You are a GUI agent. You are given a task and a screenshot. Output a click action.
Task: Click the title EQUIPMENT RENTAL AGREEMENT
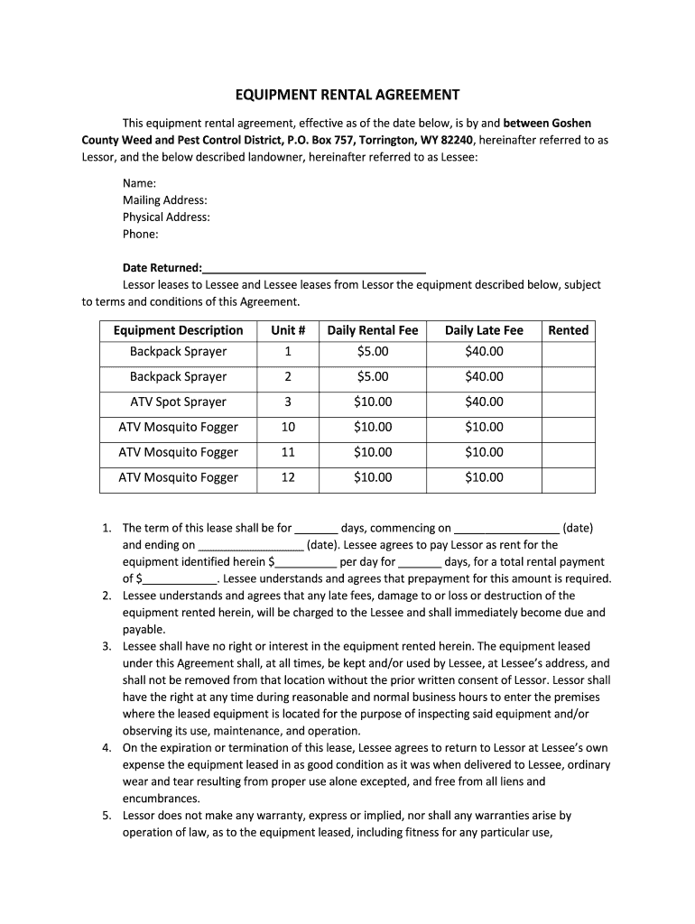coord(347,95)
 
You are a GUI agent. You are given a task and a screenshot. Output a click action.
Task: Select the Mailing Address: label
coord(165,200)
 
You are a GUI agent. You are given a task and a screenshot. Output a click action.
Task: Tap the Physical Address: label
coord(166,217)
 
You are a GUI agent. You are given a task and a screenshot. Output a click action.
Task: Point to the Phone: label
coord(141,235)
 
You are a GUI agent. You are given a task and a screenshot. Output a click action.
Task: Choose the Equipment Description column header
coord(178,330)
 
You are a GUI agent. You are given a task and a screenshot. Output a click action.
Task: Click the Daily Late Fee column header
coord(484,330)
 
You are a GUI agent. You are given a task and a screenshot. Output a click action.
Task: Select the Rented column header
coord(569,330)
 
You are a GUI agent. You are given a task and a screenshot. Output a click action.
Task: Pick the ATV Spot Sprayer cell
coord(178,402)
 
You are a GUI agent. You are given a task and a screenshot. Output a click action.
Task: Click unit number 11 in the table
coord(288,452)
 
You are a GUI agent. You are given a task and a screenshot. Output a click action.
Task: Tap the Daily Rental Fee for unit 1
coord(373,351)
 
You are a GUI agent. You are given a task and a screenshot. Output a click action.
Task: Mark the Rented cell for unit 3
coord(569,402)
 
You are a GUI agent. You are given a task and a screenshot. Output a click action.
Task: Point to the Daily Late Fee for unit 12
coord(484,477)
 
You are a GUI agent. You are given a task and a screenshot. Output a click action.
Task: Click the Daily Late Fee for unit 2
coord(484,376)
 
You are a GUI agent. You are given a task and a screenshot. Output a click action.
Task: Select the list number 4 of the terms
coord(106,748)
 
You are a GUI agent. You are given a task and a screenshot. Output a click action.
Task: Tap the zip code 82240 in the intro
coord(457,140)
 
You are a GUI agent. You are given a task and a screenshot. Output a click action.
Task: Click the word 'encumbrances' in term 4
coord(161,799)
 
